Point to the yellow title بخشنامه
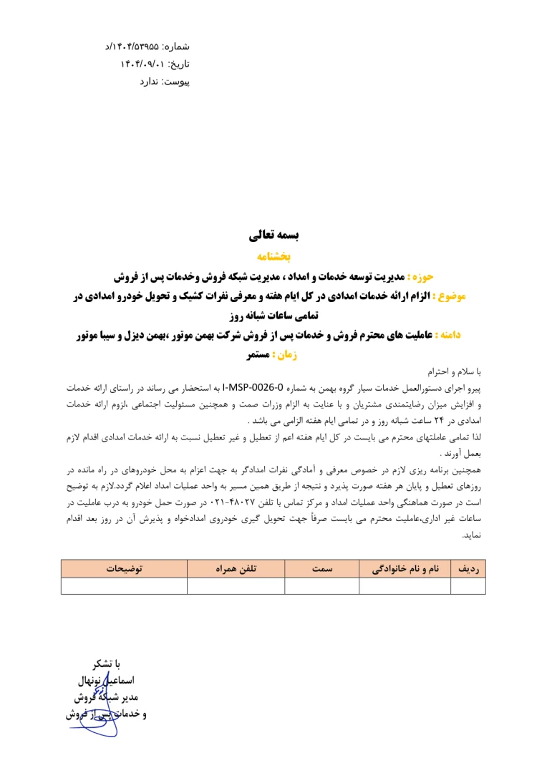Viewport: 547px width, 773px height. [x=273, y=255]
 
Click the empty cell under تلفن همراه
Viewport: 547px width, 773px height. [x=236, y=586]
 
